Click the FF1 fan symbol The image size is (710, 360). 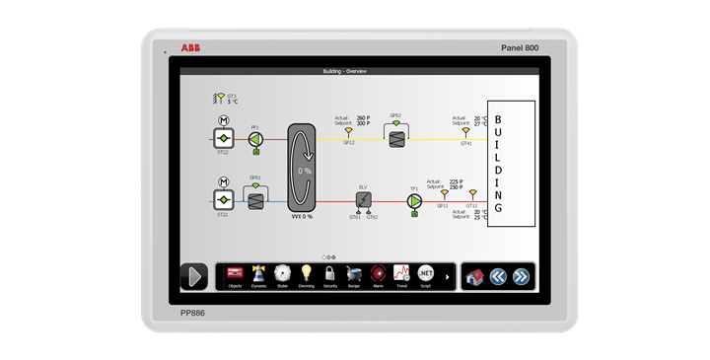255,140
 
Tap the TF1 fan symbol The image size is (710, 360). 414,200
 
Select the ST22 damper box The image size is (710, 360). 223,140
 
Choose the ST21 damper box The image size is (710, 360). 223,200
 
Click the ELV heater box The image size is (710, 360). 363,200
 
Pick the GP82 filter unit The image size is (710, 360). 395,140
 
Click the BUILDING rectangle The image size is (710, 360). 512,164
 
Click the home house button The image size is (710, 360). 474,277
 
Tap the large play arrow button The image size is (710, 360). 193,277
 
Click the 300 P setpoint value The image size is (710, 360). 363,123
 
